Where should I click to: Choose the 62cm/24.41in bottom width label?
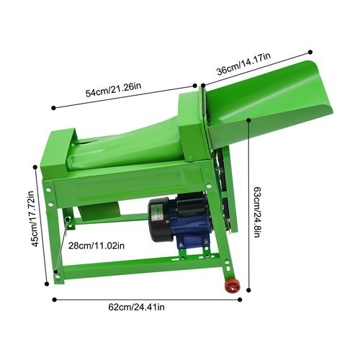[x=137, y=307]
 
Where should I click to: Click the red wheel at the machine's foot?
[x=232, y=287]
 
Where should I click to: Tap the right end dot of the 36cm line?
[x=310, y=52]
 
